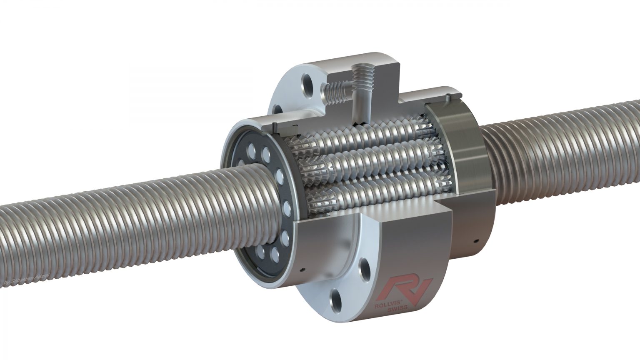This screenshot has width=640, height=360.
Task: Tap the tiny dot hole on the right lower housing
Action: coord(475,240)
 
